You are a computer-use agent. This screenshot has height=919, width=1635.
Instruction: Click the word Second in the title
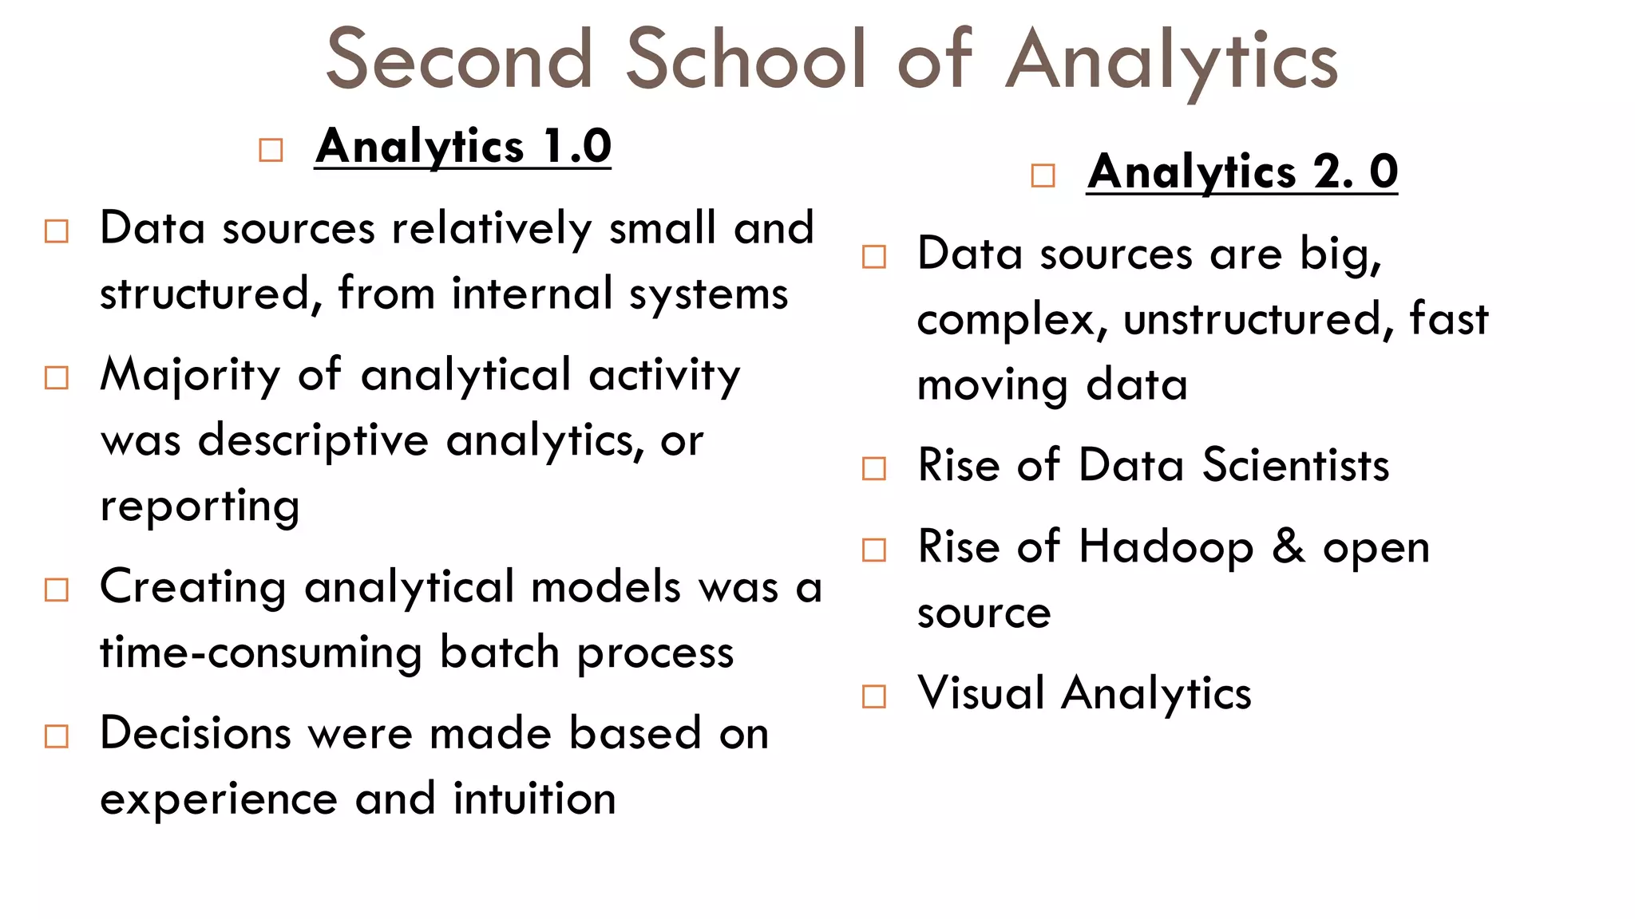tap(460, 59)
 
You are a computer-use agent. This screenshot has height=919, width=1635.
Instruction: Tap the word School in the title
tap(746, 59)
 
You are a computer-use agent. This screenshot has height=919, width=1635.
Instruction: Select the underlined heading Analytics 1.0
tap(463, 147)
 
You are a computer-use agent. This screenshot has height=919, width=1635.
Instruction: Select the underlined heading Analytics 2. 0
tap(1241, 172)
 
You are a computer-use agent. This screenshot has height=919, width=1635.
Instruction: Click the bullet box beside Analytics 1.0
tap(271, 150)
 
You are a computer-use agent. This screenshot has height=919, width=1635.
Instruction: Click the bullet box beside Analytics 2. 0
tap(1043, 176)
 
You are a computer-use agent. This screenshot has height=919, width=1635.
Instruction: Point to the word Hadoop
tap(1166, 548)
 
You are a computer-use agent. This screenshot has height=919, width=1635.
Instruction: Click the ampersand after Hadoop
tap(1288, 547)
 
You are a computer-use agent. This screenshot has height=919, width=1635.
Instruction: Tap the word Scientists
tap(1295, 466)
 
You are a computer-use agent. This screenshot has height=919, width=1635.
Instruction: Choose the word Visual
tap(980, 692)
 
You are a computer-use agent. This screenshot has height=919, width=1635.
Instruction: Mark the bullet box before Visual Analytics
tap(874, 696)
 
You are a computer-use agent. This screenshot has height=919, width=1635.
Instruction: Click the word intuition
tap(534, 799)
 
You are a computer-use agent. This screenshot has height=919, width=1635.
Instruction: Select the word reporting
tap(200, 507)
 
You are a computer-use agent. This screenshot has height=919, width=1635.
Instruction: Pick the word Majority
tap(190, 375)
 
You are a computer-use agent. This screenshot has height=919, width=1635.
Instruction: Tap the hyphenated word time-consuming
tap(261, 653)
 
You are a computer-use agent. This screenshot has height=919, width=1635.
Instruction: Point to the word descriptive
tap(313, 440)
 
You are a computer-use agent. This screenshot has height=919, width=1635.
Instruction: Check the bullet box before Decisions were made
tap(57, 736)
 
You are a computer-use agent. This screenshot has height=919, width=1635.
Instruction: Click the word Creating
tap(192, 588)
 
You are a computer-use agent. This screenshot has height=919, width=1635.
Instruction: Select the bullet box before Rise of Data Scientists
tap(874, 468)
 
